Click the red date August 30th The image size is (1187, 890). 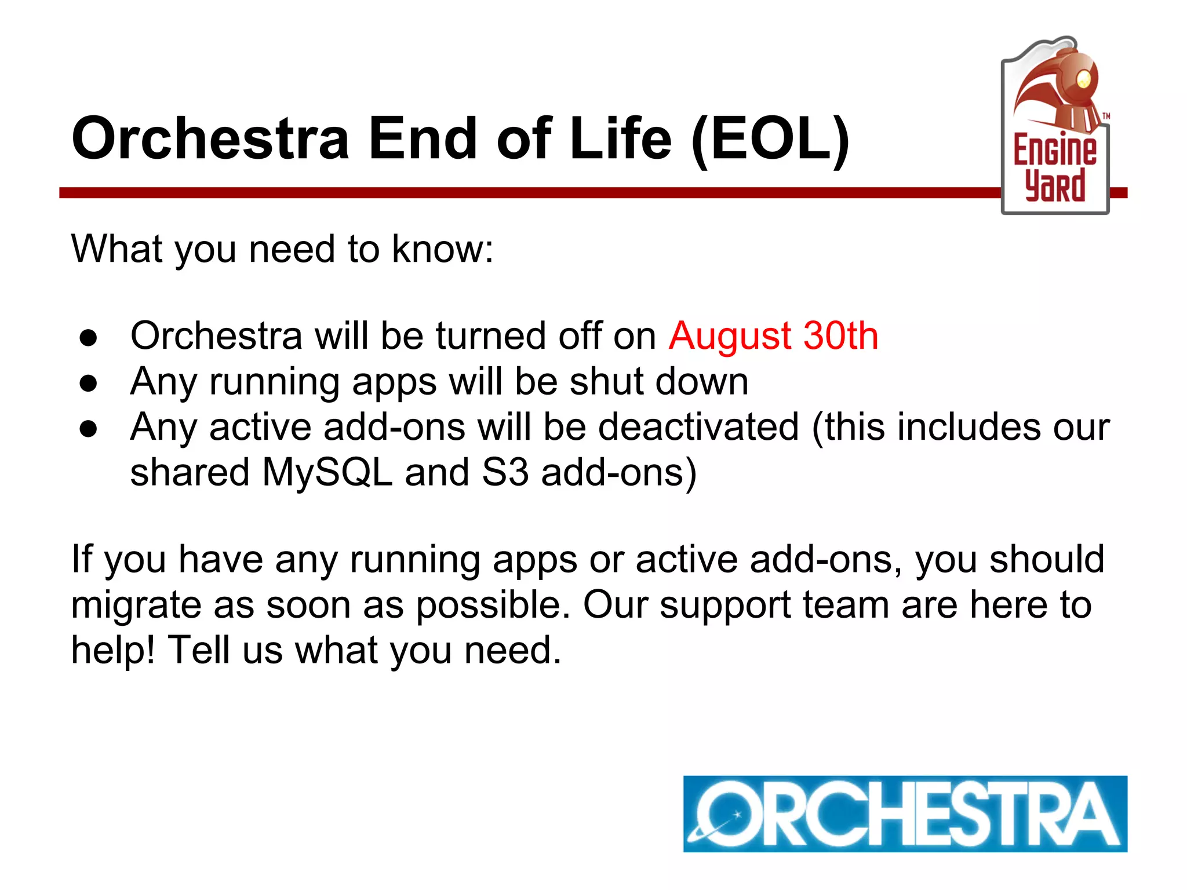coord(773,336)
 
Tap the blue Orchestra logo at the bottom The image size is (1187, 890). coord(905,814)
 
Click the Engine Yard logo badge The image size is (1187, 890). coord(1055,127)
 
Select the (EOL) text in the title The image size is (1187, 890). coord(770,139)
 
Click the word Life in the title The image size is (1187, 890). coord(620,139)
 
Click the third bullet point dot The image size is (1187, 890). coord(89,429)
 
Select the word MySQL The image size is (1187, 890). coord(327,473)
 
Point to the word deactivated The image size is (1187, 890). coord(698,428)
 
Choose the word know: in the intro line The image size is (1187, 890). coord(442,249)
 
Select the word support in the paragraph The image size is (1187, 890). coord(725,606)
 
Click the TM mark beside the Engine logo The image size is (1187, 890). coord(1106,116)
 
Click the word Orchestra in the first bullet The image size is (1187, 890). coord(216,336)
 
